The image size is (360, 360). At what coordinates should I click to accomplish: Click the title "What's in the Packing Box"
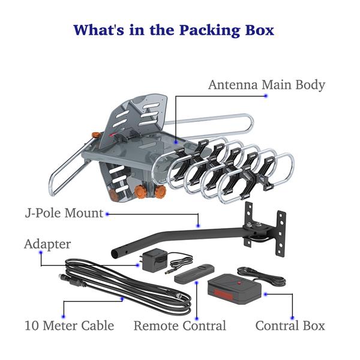(174, 30)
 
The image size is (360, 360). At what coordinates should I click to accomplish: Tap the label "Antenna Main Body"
(267, 85)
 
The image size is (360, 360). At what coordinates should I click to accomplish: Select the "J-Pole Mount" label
(64, 213)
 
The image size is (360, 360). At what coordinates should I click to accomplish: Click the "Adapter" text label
(47, 244)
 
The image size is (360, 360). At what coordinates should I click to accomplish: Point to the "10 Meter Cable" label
(70, 326)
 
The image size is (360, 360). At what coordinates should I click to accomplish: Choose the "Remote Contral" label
(180, 326)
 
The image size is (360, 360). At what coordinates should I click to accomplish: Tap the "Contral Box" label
(290, 326)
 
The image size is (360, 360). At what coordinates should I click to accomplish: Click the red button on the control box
(239, 283)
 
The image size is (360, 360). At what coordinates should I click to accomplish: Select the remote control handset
(194, 274)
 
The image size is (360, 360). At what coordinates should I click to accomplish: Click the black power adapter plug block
(155, 260)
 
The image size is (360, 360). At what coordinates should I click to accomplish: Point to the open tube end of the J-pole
(114, 254)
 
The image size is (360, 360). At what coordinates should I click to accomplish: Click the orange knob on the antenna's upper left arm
(95, 134)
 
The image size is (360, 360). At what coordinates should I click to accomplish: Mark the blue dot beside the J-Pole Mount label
(107, 214)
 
